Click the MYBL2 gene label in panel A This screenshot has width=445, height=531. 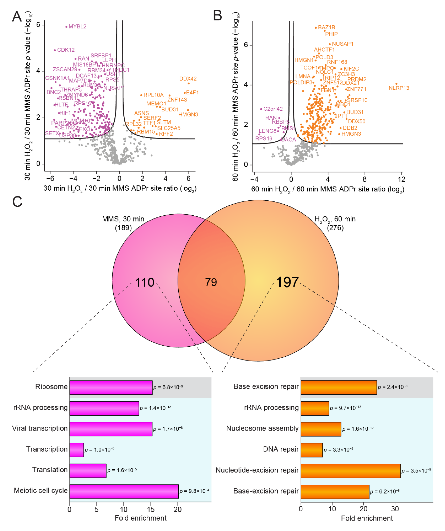click(x=77, y=27)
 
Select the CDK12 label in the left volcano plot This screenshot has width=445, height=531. click(x=66, y=50)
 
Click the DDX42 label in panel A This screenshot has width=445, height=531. click(x=188, y=79)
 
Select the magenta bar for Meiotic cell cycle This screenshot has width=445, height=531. click(x=124, y=491)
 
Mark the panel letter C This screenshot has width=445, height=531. click(x=17, y=202)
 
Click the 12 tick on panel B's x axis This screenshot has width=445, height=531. click(x=401, y=179)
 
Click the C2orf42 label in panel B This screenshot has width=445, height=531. click(x=273, y=109)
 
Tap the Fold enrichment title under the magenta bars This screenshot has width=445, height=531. click(x=141, y=518)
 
